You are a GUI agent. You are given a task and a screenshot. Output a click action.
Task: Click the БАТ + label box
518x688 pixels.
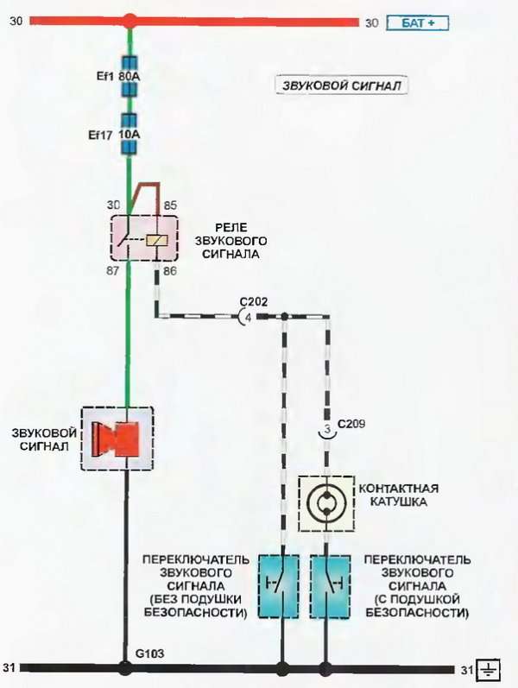[x=418, y=22]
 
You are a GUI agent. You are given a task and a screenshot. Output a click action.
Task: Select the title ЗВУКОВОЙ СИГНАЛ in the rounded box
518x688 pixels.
[x=341, y=85]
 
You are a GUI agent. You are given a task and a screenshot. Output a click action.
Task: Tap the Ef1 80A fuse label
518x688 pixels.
[x=118, y=76]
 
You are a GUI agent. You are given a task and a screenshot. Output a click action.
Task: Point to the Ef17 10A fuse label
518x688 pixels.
[x=114, y=135]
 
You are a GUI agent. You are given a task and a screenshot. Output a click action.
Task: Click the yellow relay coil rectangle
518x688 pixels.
[x=157, y=241]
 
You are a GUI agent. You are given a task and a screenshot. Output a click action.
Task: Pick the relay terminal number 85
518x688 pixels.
[x=170, y=205]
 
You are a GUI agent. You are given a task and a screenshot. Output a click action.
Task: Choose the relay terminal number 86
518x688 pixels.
[x=170, y=271]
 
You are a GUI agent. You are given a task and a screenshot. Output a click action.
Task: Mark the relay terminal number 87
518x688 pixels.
[x=112, y=271]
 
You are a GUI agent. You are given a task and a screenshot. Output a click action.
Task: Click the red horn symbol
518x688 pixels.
[x=116, y=439]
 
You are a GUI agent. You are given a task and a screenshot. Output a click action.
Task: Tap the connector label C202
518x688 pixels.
[x=254, y=302]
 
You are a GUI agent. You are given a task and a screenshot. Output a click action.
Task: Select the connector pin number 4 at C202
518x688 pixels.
[x=248, y=317]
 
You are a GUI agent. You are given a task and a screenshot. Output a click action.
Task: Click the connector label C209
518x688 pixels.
[x=351, y=424]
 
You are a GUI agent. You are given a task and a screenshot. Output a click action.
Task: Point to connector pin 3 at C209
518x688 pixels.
[x=327, y=429]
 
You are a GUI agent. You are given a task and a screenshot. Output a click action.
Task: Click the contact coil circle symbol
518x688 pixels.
[x=326, y=503]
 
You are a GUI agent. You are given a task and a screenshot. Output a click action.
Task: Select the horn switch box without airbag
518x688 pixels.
[x=278, y=586]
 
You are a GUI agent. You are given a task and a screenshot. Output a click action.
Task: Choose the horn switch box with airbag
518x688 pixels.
[x=331, y=586]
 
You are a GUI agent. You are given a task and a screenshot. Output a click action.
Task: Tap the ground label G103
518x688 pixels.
[x=149, y=653]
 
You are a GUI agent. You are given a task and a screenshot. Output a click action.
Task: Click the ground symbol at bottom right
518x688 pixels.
[x=488, y=670]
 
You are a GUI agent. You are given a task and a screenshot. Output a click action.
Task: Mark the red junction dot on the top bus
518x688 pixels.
[x=129, y=21]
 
